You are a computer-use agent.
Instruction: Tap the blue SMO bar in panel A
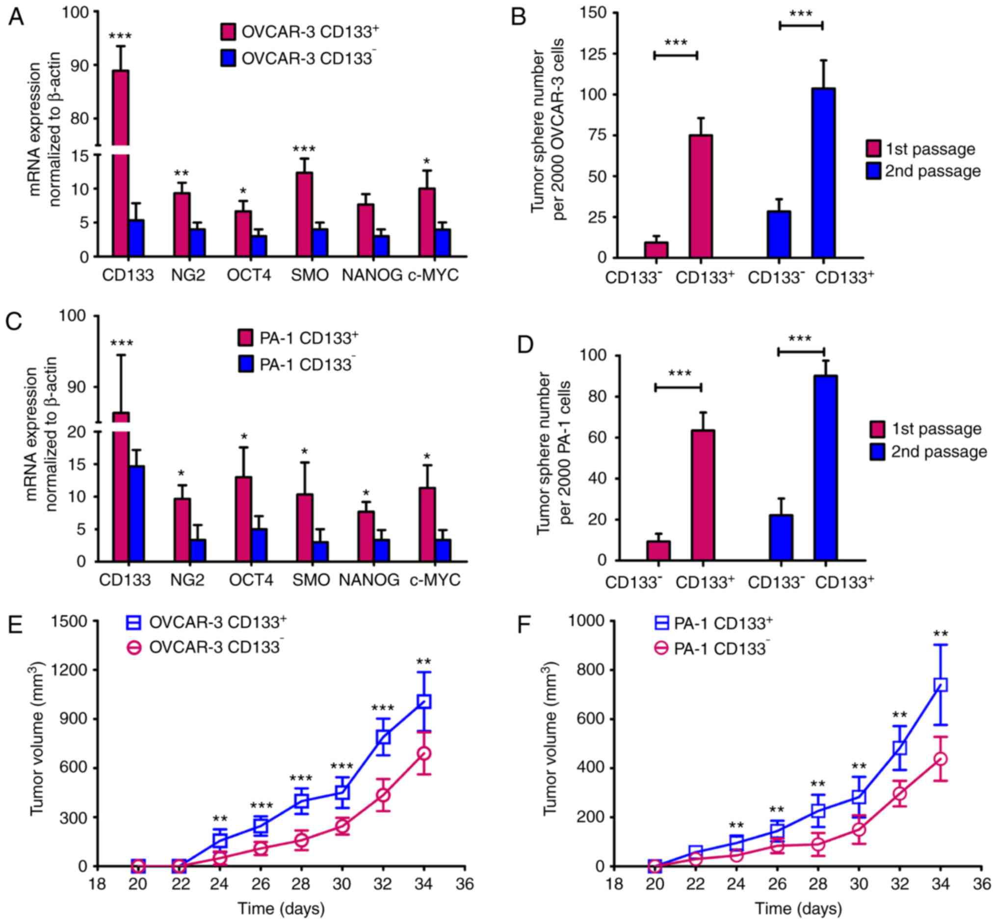tap(320, 243)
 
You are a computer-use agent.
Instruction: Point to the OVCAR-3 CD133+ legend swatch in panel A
tap(228, 32)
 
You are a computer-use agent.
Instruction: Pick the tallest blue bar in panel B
tap(823, 172)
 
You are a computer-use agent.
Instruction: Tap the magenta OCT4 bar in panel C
tap(243, 518)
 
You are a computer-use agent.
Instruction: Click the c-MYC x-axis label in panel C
tap(435, 579)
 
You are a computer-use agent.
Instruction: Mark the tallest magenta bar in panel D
tap(703, 494)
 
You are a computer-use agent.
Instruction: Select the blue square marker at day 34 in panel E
tap(424, 702)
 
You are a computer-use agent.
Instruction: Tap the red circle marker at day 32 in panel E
tap(383, 794)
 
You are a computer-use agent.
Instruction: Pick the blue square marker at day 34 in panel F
tap(941, 684)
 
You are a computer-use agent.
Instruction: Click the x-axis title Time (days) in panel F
tap(798, 908)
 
